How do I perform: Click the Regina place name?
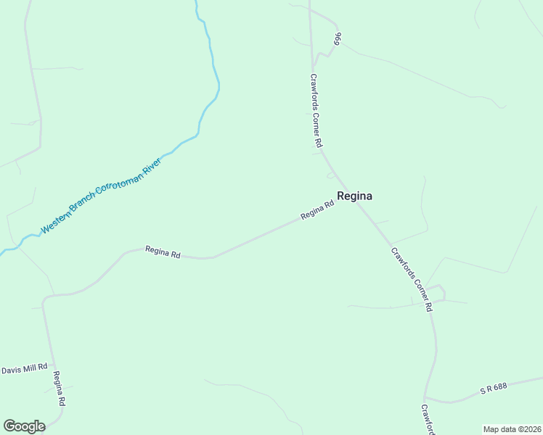click(355, 196)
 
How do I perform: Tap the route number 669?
click(338, 39)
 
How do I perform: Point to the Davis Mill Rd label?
click(24, 368)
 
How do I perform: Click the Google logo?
click(24, 426)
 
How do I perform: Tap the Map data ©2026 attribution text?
click(512, 429)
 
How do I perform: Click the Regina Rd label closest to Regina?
click(317, 211)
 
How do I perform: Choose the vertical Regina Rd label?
click(60, 389)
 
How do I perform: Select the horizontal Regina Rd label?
click(163, 252)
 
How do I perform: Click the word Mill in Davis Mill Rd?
click(30, 368)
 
